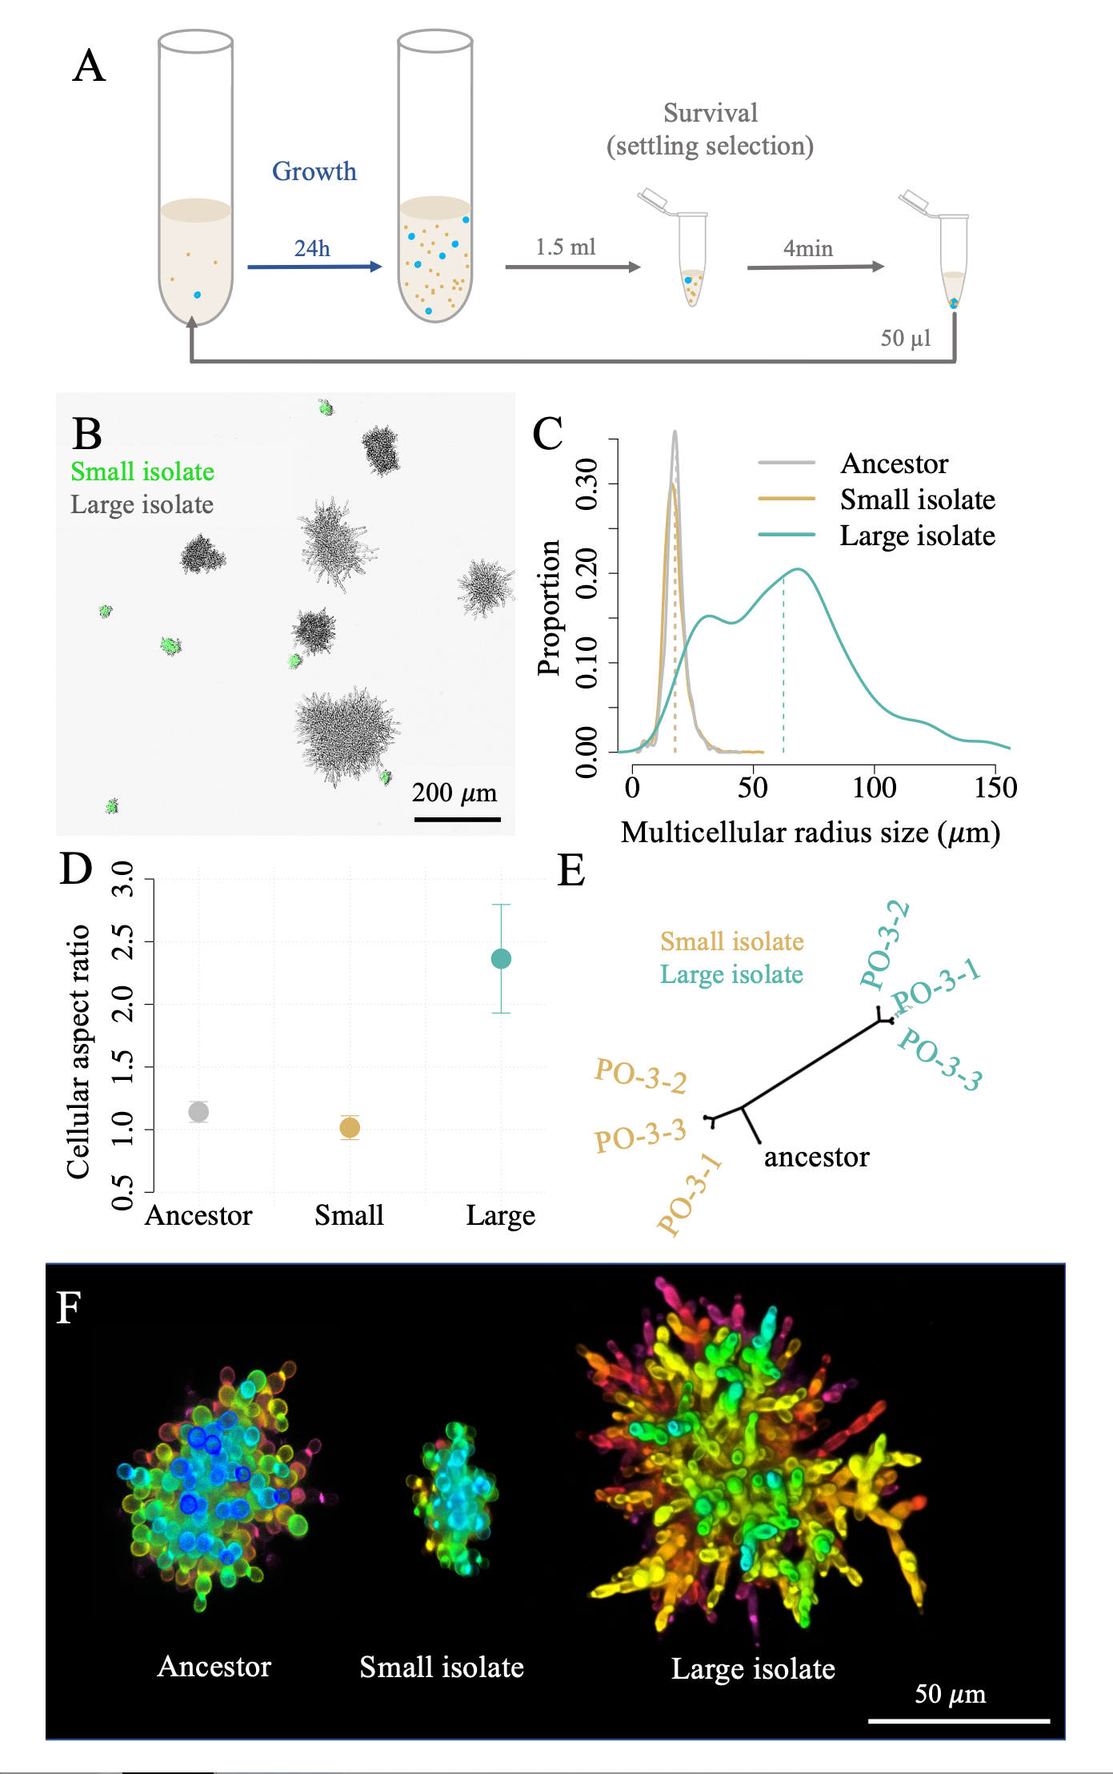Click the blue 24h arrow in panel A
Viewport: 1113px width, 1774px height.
click(x=314, y=267)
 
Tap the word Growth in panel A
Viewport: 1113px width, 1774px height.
click(x=314, y=171)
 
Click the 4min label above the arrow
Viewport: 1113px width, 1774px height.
click(x=807, y=249)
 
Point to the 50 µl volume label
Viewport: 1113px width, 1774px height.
click(x=906, y=338)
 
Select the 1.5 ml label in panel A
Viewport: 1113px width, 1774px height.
click(x=565, y=247)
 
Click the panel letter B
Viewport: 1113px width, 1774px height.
click(x=87, y=435)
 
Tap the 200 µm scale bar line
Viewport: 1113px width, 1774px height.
click(x=457, y=819)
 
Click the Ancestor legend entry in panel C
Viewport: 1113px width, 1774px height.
click(x=894, y=464)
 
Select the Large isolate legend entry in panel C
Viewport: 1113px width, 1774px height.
click(x=917, y=536)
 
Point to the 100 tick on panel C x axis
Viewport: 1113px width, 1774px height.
click(x=874, y=788)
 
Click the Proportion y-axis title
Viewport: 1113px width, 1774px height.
click(x=549, y=608)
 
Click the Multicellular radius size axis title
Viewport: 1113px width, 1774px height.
click(x=810, y=833)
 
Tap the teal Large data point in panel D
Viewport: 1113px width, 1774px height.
click(x=501, y=958)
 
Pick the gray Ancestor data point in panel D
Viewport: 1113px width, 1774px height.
click(x=198, y=1111)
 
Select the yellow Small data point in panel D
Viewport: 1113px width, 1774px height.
click(x=350, y=1127)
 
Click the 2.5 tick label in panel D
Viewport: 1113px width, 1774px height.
click(x=122, y=941)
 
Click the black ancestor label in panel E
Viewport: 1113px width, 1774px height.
click(x=816, y=1157)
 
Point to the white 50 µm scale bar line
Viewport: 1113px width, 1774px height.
click(x=959, y=1720)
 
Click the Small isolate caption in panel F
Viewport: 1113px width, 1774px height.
click(x=442, y=1668)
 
